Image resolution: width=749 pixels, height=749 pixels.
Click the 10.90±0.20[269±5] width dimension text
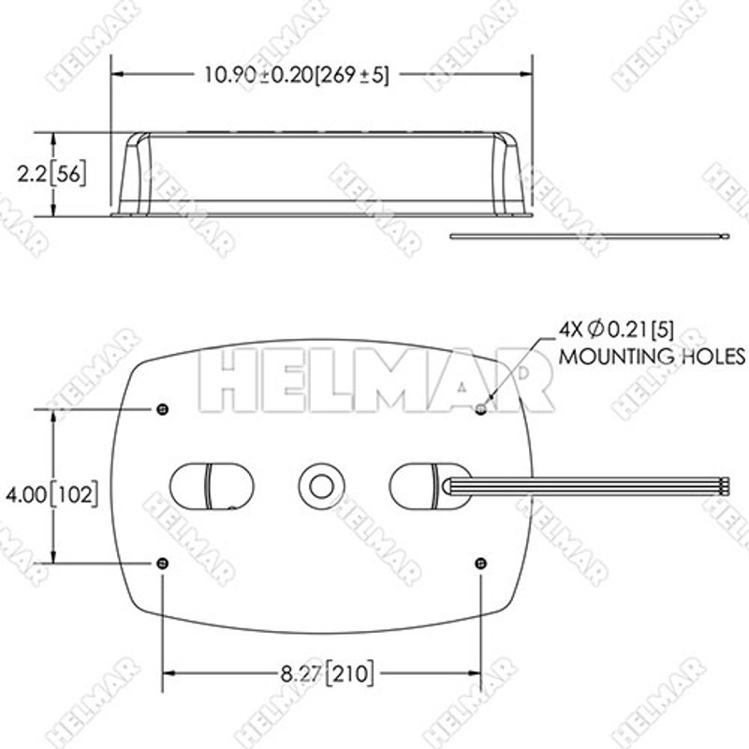click(x=296, y=75)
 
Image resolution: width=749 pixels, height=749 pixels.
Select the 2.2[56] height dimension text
click(x=51, y=173)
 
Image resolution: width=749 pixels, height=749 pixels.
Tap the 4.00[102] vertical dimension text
click(x=52, y=492)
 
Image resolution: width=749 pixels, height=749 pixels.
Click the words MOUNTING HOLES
click(x=652, y=357)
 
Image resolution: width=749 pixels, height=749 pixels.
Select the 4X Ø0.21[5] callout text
click(x=615, y=330)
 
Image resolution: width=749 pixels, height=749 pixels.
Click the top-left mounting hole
click(x=164, y=409)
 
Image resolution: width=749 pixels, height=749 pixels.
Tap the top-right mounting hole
click(x=480, y=409)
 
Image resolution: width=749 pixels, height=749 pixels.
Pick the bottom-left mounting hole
click(x=164, y=562)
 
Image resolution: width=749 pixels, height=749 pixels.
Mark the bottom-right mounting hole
click(x=480, y=562)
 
